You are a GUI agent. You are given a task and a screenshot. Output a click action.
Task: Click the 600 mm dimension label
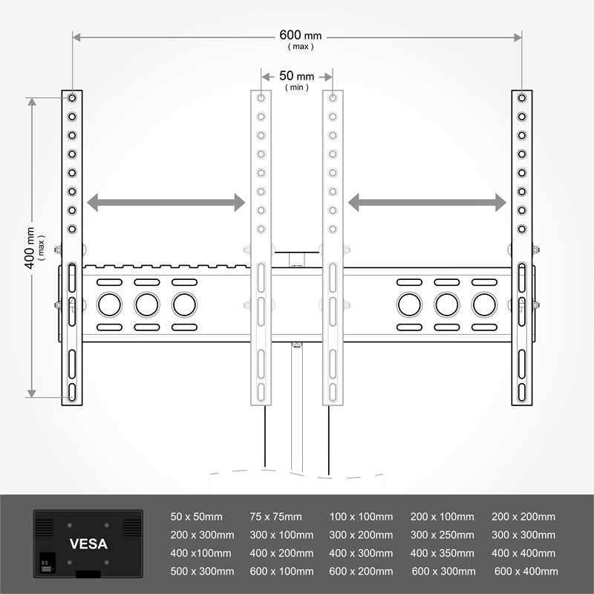(301, 36)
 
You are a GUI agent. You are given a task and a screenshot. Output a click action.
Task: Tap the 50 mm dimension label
(296, 76)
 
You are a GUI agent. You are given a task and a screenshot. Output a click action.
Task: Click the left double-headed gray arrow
(166, 202)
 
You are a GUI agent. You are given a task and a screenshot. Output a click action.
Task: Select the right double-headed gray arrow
(428, 202)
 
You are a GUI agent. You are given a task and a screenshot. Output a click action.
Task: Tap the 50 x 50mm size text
(196, 517)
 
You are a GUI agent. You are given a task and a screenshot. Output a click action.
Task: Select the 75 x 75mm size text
(276, 517)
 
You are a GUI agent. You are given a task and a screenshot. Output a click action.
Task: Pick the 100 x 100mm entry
(361, 517)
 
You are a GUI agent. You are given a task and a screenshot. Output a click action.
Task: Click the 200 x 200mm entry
(523, 517)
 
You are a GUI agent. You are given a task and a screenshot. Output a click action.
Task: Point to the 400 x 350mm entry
(442, 553)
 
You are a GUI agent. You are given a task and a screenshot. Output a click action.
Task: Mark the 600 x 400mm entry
(526, 571)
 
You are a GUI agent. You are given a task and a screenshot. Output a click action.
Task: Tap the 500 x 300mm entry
(202, 571)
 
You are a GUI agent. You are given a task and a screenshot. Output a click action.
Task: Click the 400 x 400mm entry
(523, 553)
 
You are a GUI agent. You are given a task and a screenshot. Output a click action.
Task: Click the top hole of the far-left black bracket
(72, 98)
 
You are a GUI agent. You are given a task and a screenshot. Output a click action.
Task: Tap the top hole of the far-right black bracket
(523, 98)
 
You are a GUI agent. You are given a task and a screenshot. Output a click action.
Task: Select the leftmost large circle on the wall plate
(108, 304)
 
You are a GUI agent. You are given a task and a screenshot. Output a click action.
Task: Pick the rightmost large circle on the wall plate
(484, 304)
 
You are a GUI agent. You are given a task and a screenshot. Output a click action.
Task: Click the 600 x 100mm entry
(281, 571)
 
